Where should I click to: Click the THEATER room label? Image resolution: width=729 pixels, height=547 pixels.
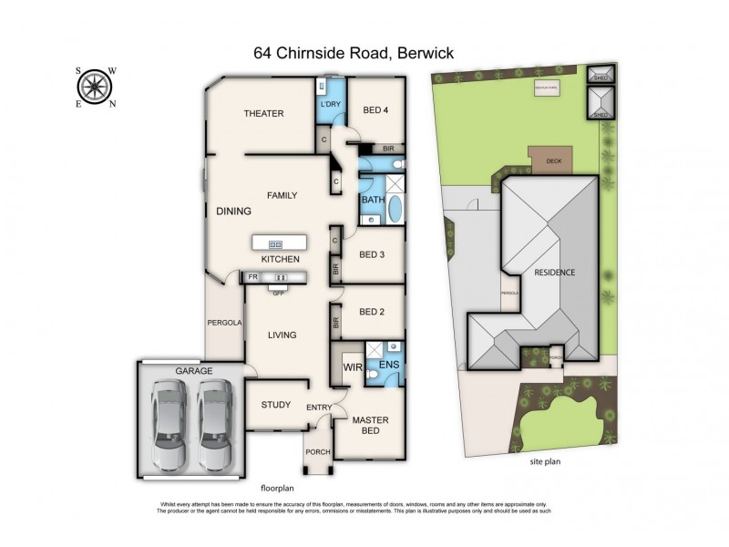pos(264,114)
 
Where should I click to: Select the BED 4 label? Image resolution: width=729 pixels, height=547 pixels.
pos(375,110)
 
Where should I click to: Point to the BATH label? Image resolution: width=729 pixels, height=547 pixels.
pos(372,200)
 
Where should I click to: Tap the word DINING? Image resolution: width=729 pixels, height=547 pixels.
pos(233,212)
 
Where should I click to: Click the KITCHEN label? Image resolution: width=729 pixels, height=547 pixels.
pos(281,260)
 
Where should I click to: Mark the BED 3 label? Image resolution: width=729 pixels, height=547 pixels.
pos(374,254)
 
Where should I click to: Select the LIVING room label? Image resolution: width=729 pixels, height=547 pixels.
pos(282,335)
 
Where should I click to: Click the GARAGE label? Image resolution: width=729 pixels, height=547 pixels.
pos(194,371)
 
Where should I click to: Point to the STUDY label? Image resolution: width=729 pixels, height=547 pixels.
pos(275,405)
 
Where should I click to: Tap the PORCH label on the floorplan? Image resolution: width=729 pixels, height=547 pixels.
pos(317,451)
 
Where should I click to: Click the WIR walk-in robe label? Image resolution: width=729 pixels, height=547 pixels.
pos(353,367)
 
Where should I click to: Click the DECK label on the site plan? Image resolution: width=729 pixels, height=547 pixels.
pos(553,160)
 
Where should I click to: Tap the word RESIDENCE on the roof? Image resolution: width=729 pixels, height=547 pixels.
pos(554,273)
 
